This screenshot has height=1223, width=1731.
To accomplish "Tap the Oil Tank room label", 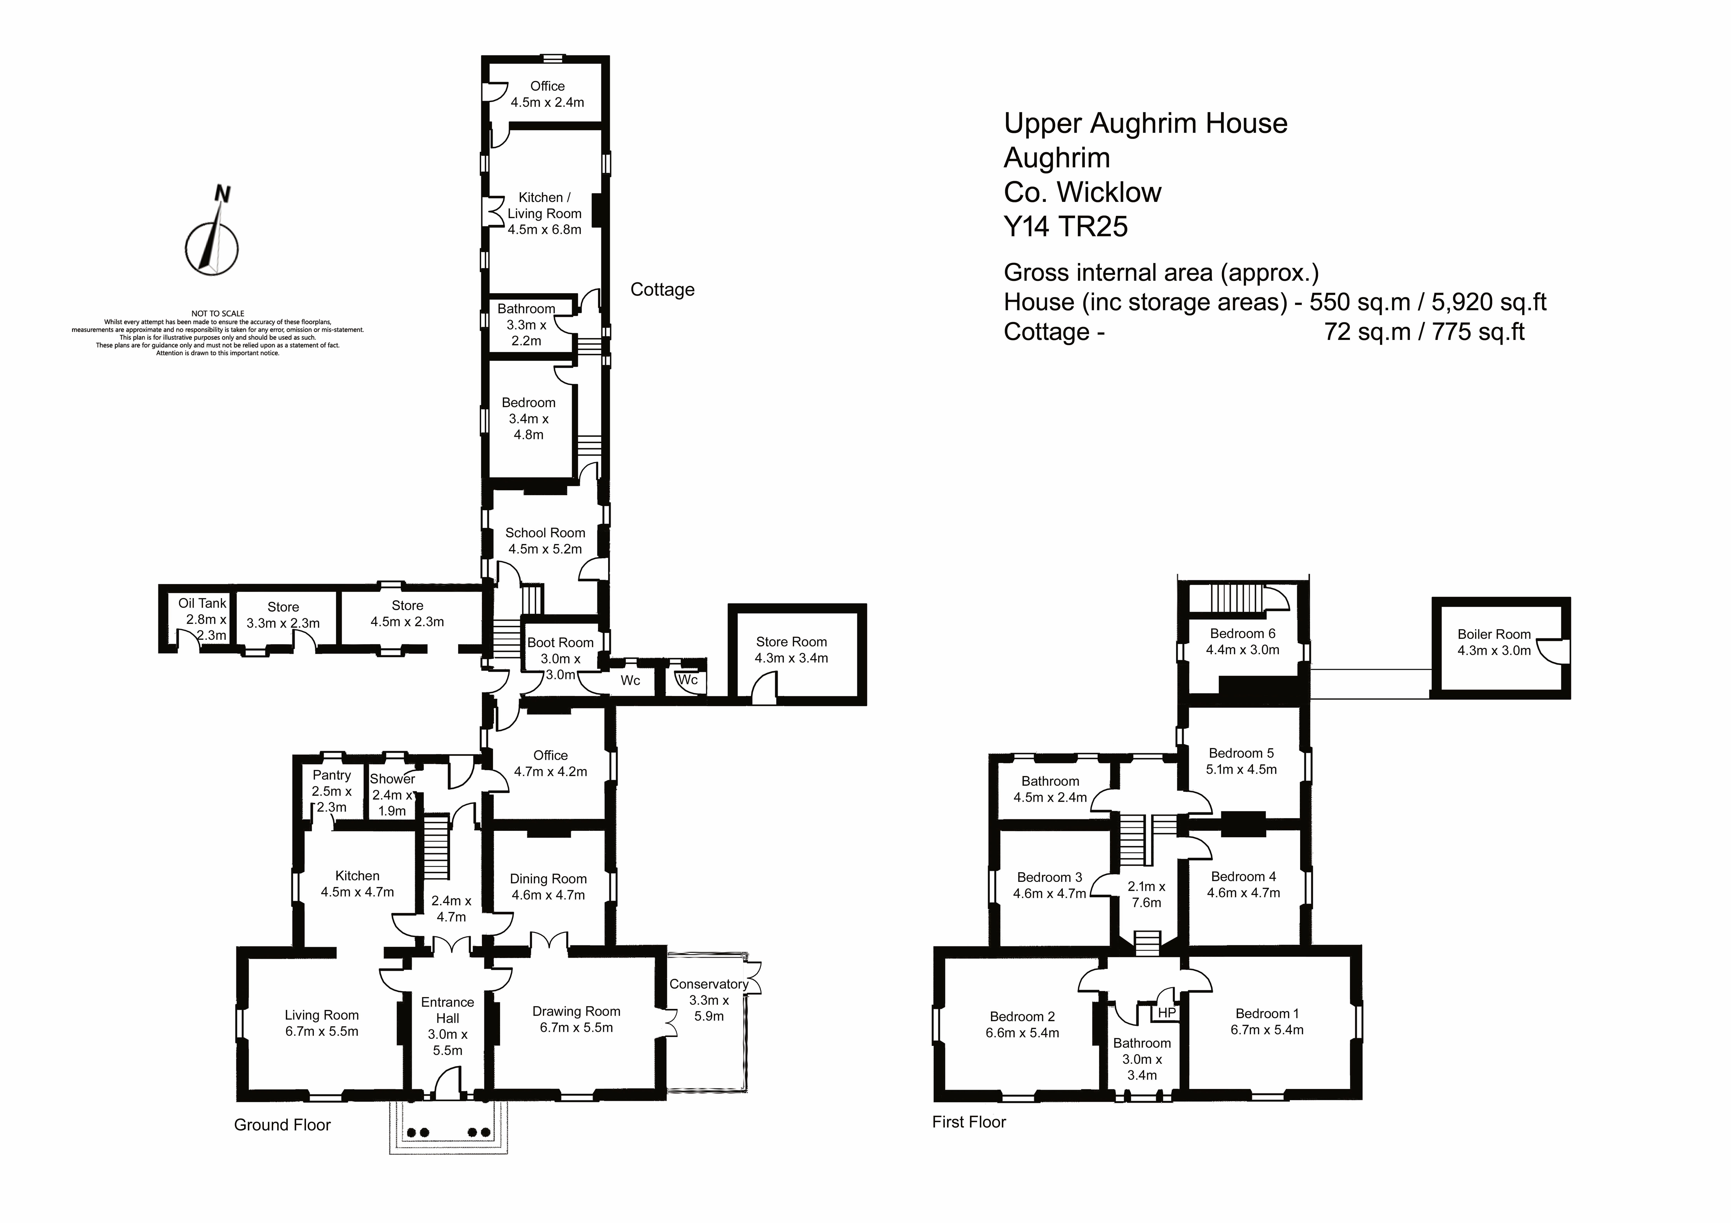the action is pyautogui.click(x=202, y=603).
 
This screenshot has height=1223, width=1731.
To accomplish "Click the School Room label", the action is pyautogui.click(x=545, y=533).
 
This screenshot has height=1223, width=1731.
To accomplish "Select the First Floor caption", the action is pyautogui.click(x=969, y=1122).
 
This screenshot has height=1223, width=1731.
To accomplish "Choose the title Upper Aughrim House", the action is pyautogui.click(x=1145, y=124).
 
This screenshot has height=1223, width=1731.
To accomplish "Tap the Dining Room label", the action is pyautogui.click(x=548, y=879).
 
